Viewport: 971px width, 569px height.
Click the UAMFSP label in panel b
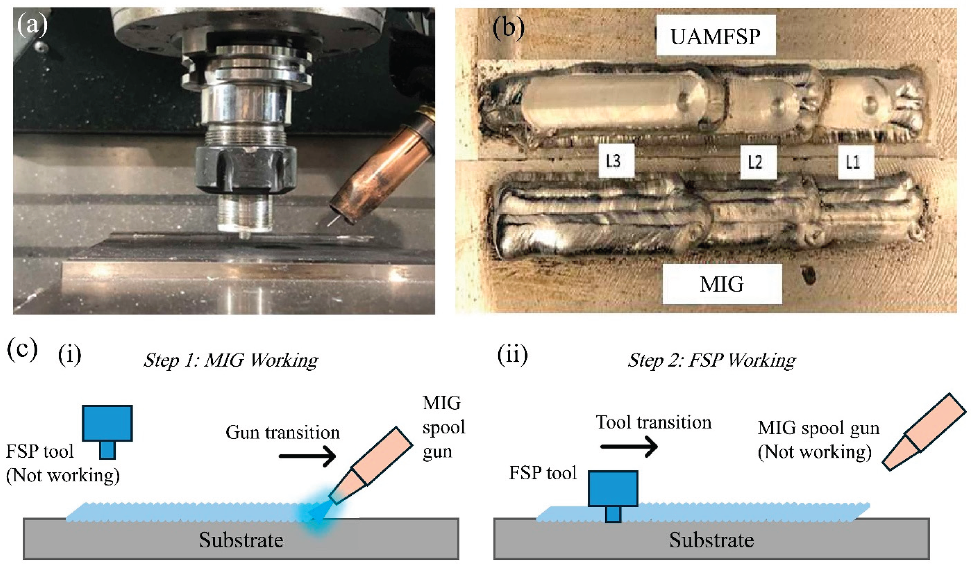point(716,36)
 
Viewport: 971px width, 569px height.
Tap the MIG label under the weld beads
point(722,284)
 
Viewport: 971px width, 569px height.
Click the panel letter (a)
point(32,26)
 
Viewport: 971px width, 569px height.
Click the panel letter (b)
point(509,28)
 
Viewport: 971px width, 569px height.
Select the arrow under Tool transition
point(629,446)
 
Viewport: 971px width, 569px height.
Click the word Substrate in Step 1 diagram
point(241,540)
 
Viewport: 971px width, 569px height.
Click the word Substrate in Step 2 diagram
point(711,540)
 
